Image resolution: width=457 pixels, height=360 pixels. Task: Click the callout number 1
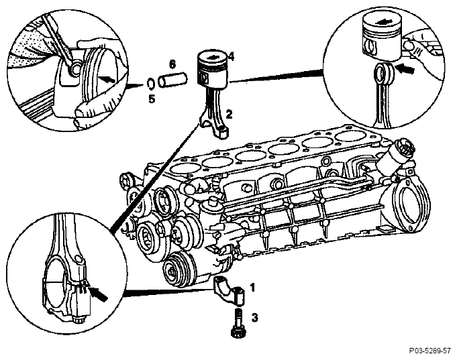[x=253, y=288]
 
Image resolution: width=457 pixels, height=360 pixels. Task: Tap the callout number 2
[x=229, y=115]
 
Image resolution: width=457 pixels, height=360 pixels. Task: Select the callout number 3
[x=255, y=318]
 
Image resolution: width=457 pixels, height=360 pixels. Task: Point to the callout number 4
[x=231, y=56]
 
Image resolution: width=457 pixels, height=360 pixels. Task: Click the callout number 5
[x=152, y=99]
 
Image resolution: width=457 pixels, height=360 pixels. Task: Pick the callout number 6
[x=172, y=64]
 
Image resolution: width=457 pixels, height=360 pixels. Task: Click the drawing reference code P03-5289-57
[x=430, y=351]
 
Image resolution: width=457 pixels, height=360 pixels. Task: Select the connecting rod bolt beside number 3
[x=238, y=324]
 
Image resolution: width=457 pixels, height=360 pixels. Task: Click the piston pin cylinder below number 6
[x=172, y=80]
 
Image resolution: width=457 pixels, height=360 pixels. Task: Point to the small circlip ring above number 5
[x=151, y=84]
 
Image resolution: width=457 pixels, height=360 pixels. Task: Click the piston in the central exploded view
[x=213, y=69]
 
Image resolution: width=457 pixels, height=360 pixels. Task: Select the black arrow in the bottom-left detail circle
[x=98, y=294]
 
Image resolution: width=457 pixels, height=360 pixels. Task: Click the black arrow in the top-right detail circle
[x=406, y=69]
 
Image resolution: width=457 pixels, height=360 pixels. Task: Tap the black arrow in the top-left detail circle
[x=105, y=79]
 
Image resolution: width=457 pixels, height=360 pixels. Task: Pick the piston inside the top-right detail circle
[x=382, y=38]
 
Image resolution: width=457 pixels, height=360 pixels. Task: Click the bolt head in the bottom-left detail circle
[x=79, y=320]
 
